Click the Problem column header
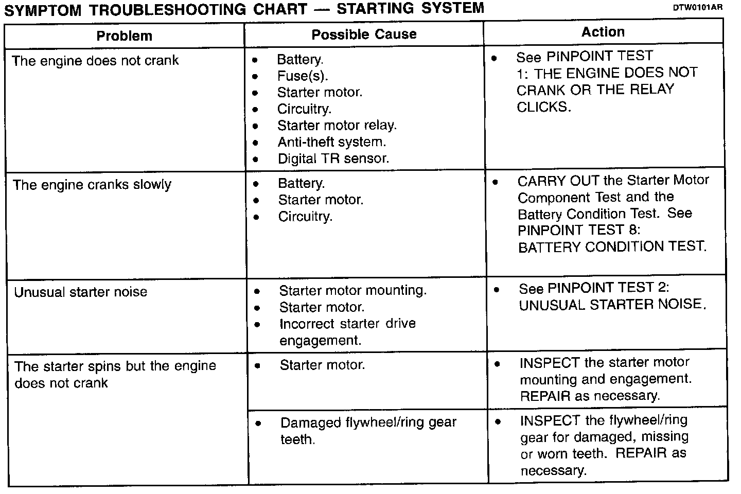click(125, 36)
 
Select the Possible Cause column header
click(364, 34)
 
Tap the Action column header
click(603, 32)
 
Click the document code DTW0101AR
click(697, 8)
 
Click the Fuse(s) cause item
click(302, 76)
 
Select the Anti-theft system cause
click(331, 142)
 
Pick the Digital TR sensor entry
click(333, 158)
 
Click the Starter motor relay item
click(337, 126)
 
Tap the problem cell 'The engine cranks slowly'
click(92, 185)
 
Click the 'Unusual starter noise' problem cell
click(81, 292)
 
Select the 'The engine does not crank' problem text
click(95, 61)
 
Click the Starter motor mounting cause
click(352, 291)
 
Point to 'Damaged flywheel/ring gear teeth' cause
click(368, 431)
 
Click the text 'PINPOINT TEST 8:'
click(579, 230)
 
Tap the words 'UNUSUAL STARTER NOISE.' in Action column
click(612, 305)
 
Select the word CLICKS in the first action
click(543, 107)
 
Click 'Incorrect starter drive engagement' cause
click(347, 332)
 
